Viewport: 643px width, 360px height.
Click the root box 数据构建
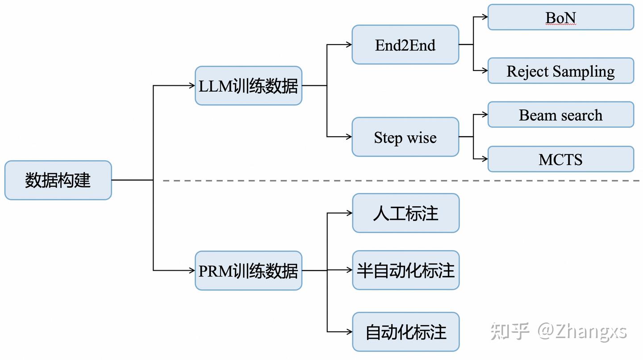pos(58,180)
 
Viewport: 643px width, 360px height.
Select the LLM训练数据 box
pos(248,86)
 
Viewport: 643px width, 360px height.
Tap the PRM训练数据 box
pos(248,271)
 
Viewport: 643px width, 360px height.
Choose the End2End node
pos(405,45)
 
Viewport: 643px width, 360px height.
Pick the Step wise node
pos(405,137)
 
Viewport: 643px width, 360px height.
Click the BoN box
pos(560,17)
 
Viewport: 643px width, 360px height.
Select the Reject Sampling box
pos(560,71)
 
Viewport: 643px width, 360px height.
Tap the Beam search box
pos(560,115)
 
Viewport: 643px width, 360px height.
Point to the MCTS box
pos(560,159)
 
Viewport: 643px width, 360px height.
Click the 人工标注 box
pos(405,213)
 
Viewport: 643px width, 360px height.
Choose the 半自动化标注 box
pos(405,270)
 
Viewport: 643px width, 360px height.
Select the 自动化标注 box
pos(405,332)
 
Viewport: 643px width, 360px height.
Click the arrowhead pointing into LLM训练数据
pos(192,86)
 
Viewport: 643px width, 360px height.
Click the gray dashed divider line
pos(402,180)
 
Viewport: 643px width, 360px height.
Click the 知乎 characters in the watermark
pos(509,331)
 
